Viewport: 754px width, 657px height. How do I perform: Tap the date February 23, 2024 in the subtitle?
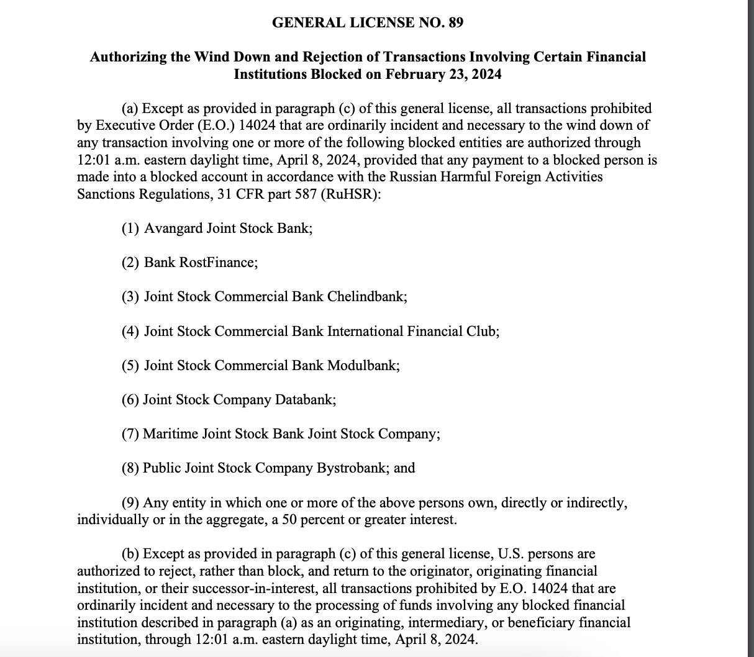443,75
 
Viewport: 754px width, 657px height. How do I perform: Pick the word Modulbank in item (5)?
361,365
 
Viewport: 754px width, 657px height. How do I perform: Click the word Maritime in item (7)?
170,433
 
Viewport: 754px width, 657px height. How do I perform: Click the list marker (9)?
130,502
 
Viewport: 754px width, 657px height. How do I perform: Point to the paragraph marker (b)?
130,553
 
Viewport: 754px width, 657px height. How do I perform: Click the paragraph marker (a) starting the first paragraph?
130,109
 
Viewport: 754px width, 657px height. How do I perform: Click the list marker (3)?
130,296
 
